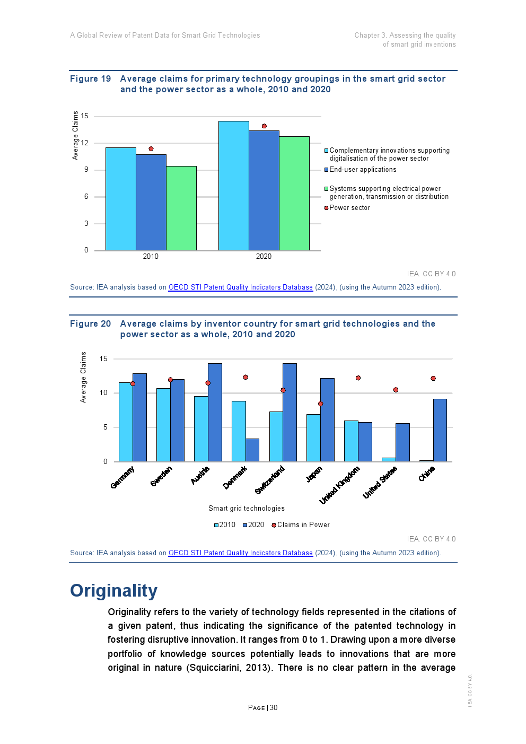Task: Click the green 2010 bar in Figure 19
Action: point(181,208)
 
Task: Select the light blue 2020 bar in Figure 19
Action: point(233,186)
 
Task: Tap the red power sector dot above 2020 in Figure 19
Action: point(264,126)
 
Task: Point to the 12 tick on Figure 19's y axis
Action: point(85,143)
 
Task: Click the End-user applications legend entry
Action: point(362,170)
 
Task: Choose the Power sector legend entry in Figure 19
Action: point(349,208)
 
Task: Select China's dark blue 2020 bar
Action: point(440,430)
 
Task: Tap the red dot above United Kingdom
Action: point(358,378)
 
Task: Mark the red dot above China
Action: point(433,379)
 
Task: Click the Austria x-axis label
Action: point(200,475)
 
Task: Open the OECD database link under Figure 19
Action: point(240,287)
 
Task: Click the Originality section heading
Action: point(114,591)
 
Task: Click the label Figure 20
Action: point(91,324)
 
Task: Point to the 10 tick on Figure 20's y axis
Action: point(103,393)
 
